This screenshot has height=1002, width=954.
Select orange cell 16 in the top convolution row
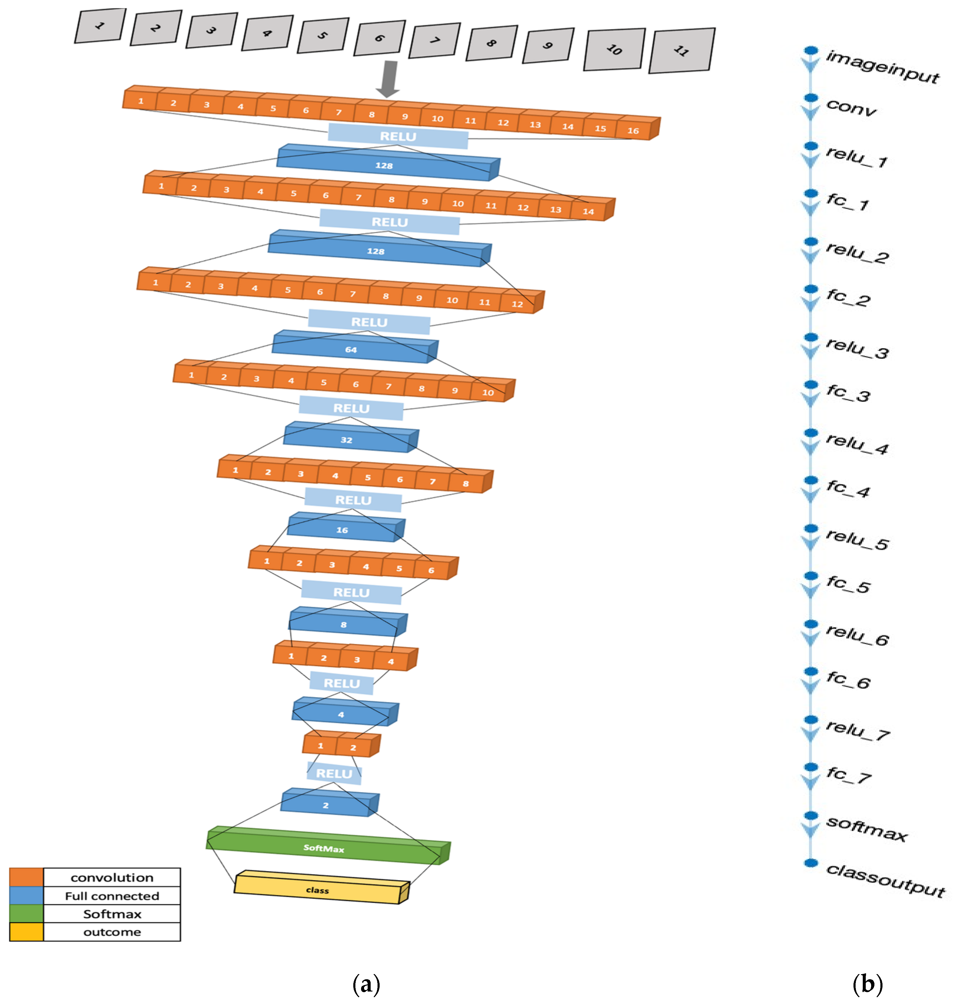point(633,131)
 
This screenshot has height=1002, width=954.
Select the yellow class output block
point(318,890)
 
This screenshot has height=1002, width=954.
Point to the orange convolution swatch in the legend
point(26,877)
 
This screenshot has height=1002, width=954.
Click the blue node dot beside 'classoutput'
point(811,862)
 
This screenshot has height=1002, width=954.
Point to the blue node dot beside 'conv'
point(811,97)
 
